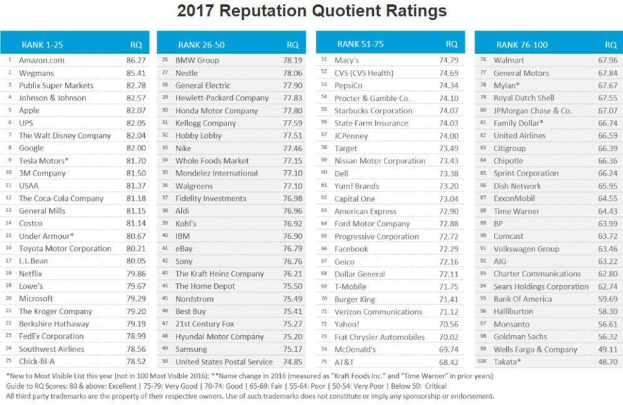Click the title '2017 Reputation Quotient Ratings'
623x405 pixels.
[x=311, y=11]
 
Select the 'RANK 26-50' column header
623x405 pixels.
[x=197, y=44]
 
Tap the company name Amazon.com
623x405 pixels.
[x=41, y=60]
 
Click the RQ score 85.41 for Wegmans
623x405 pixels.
[x=135, y=72]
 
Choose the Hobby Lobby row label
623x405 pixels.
[x=199, y=135]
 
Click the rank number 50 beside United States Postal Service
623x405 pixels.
[x=165, y=362]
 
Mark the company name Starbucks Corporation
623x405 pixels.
[x=373, y=110]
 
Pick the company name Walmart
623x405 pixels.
[x=509, y=60]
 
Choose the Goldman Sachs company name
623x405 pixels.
[x=521, y=336]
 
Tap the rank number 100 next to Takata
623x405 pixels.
[x=482, y=362]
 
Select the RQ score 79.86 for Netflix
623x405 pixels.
[x=135, y=273]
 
